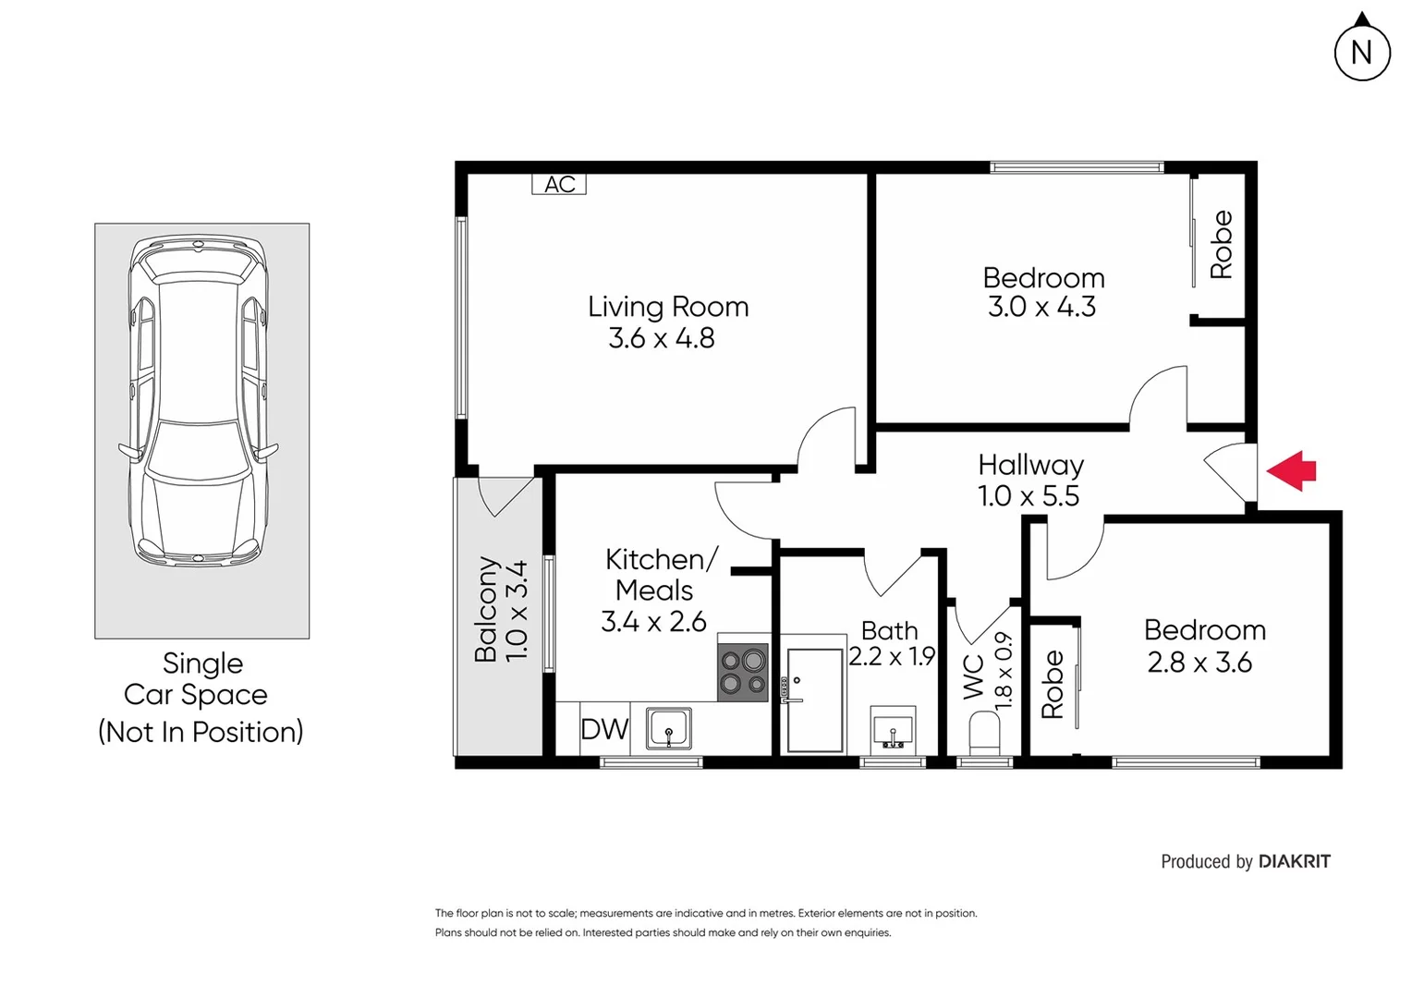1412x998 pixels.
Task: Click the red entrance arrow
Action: [x=1292, y=470]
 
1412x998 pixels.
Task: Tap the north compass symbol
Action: [x=1362, y=52]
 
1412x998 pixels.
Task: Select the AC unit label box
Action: [x=559, y=184]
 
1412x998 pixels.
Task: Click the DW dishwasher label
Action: [x=604, y=729]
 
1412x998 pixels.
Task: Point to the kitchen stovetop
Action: [x=743, y=672]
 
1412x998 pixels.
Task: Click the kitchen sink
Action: [x=668, y=728]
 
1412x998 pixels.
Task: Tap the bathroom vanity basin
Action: [x=893, y=728]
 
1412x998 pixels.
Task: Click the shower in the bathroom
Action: [x=814, y=700]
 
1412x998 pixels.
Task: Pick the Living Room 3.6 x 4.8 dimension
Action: [x=662, y=338]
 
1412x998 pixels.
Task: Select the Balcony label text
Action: [x=486, y=610]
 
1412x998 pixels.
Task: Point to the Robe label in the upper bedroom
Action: [x=1221, y=244]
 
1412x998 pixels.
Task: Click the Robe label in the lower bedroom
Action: [x=1053, y=684]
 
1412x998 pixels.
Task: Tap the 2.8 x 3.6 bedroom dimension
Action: [x=1199, y=663]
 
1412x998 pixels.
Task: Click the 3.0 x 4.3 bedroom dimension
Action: [x=1041, y=307]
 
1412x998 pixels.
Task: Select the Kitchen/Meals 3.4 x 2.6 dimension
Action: [x=653, y=622]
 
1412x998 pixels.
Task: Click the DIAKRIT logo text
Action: [x=1294, y=861]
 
